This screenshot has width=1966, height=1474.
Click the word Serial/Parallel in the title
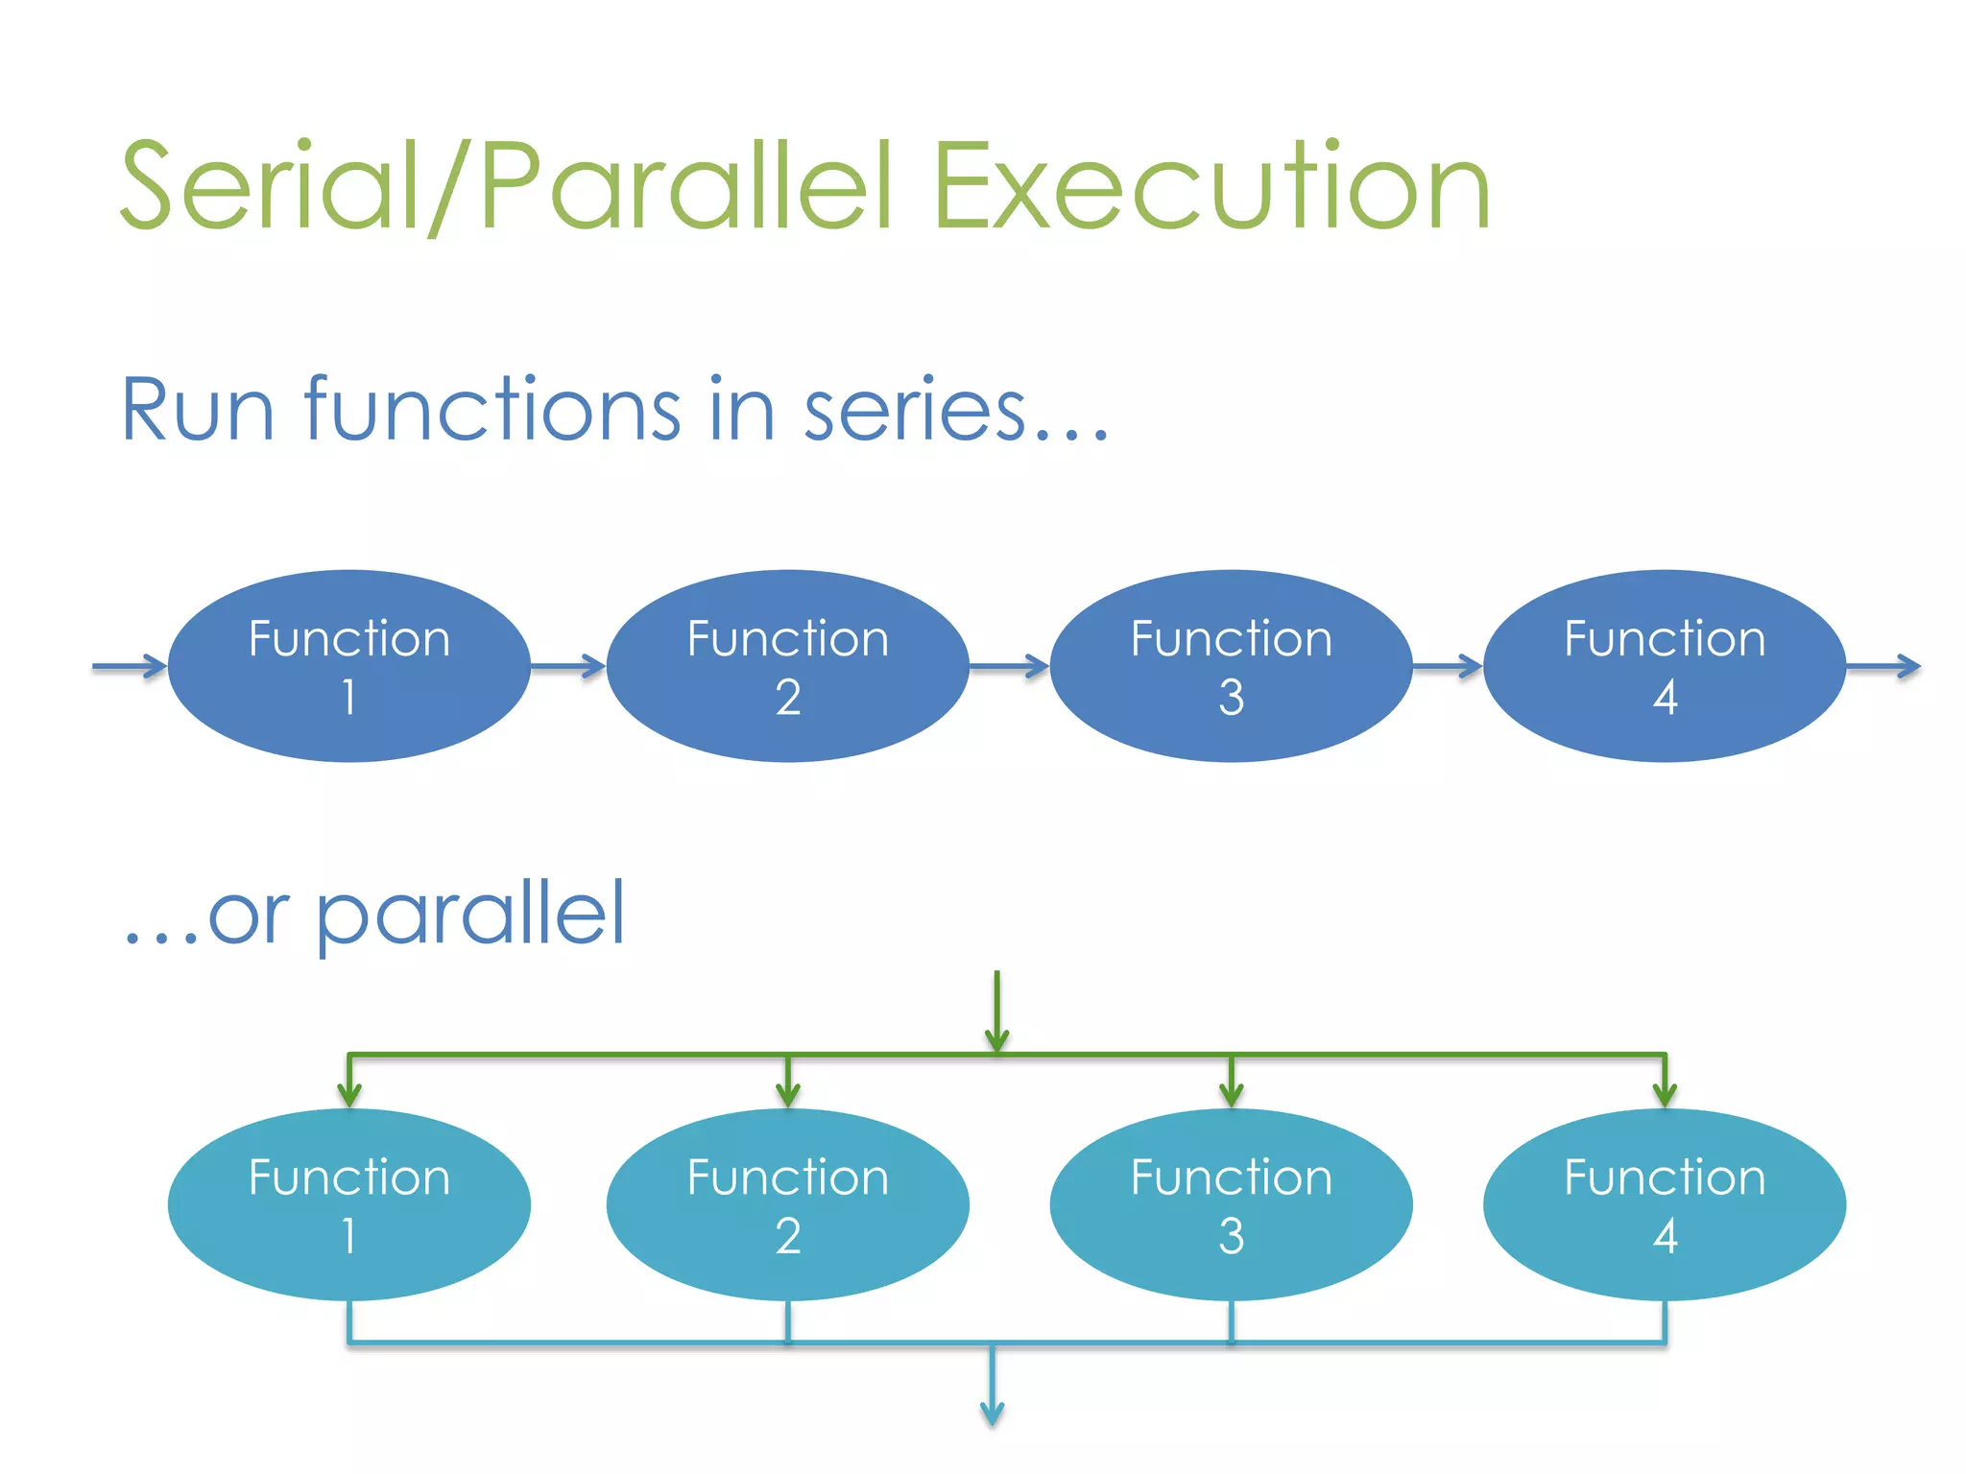pyautogui.click(x=507, y=187)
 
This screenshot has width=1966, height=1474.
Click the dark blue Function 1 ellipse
pyautogui.click(x=349, y=666)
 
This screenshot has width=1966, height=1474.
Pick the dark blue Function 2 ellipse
pyautogui.click(x=788, y=666)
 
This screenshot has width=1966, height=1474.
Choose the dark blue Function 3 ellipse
pyautogui.click(x=1231, y=666)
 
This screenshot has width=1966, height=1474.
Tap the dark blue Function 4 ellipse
pyautogui.click(x=1665, y=666)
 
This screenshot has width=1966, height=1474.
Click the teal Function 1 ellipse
pyautogui.click(x=349, y=1204)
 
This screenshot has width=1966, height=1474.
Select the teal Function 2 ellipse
pyautogui.click(x=788, y=1204)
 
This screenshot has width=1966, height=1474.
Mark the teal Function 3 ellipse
pyautogui.click(x=1231, y=1204)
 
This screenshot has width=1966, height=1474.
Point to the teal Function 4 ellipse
pyautogui.click(x=1665, y=1204)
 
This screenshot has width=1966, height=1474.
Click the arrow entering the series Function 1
pyautogui.click(x=131, y=666)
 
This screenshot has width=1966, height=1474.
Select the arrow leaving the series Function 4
pyautogui.click(x=1883, y=666)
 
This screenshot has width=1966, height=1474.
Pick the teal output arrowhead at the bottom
pyautogui.click(x=993, y=1413)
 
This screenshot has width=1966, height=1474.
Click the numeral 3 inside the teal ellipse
pyautogui.click(x=1232, y=1236)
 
